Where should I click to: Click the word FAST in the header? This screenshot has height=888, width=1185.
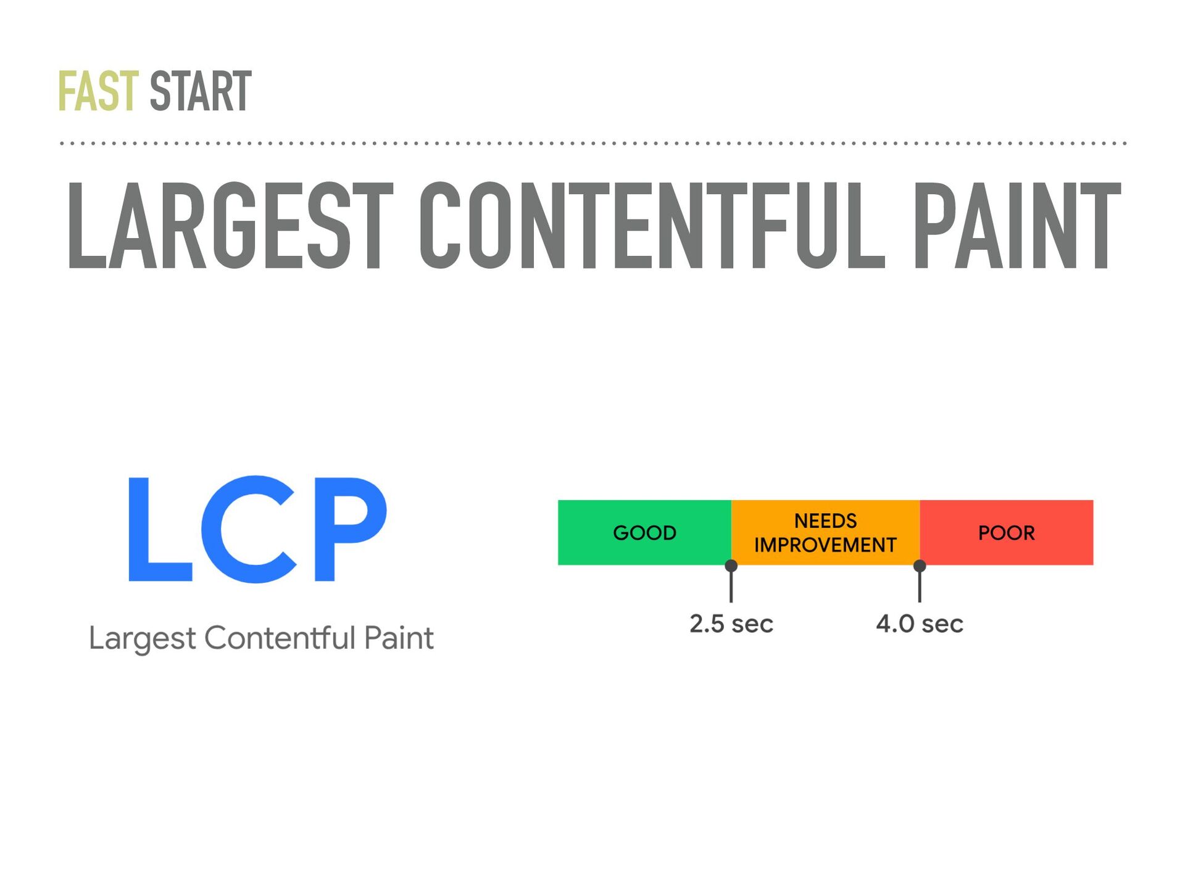[x=99, y=91]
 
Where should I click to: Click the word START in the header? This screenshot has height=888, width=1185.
[x=201, y=91]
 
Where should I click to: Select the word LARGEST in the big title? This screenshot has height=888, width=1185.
[x=230, y=226]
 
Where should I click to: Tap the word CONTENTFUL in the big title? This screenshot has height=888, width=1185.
[x=652, y=226]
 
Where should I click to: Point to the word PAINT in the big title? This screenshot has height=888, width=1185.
[x=1017, y=226]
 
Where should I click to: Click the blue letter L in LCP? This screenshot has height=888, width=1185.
[x=159, y=528]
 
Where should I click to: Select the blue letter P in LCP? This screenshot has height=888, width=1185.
[x=351, y=528]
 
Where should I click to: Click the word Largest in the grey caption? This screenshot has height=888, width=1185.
[x=143, y=638]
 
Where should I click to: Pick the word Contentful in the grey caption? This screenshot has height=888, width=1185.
[x=280, y=637]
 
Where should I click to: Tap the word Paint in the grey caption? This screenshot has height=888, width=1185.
[x=399, y=637]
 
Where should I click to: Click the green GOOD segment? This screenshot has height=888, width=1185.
[x=644, y=532]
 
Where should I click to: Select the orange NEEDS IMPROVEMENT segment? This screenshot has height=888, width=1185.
[x=825, y=532]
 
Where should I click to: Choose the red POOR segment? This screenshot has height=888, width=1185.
[x=1007, y=532]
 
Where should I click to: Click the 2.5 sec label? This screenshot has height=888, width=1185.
[x=731, y=623]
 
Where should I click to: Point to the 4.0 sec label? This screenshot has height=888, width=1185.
[x=920, y=623]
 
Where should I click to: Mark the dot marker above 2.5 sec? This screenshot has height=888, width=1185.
[x=731, y=565]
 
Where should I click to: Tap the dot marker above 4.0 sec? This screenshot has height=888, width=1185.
[x=920, y=565]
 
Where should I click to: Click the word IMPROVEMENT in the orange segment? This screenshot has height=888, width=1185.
[x=825, y=545]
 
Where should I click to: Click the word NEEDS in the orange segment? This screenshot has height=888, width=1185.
[x=825, y=521]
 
